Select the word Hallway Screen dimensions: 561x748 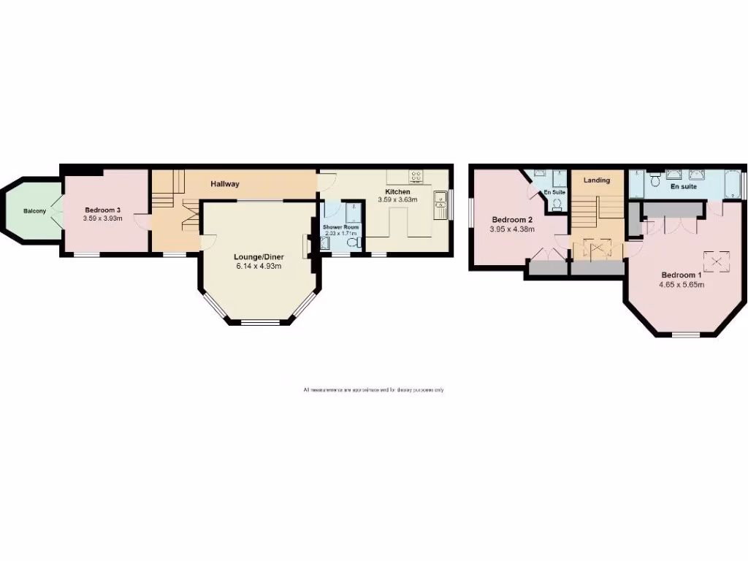click(x=225, y=183)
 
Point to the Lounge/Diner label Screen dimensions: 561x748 click(x=259, y=257)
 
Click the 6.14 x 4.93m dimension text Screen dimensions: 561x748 click(x=259, y=267)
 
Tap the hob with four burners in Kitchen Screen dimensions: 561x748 click(x=416, y=175)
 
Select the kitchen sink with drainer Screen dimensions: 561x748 click(x=440, y=205)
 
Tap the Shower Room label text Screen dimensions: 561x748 click(x=341, y=227)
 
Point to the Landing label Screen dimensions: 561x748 click(x=596, y=180)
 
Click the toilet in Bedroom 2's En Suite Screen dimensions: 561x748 click(x=557, y=205)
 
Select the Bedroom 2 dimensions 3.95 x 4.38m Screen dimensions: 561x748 click(x=513, y=229)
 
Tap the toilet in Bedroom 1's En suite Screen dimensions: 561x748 click(x=656, y=178)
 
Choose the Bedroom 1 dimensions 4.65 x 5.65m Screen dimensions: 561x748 click(x=682, y=285)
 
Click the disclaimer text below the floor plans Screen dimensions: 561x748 click(x=373, y=390)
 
